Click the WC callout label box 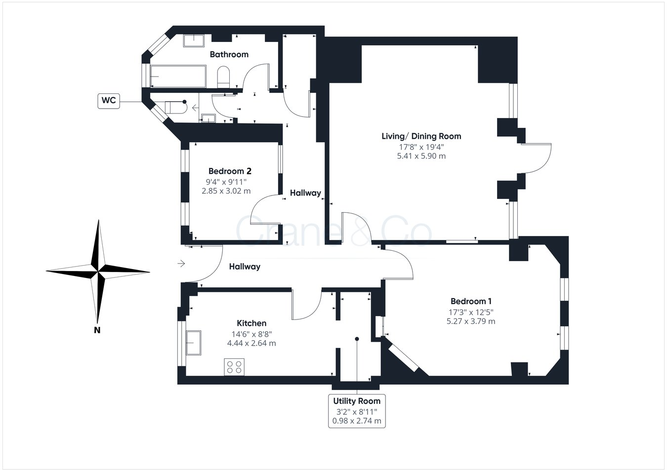click(108, 101)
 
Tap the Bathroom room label click(229, 54)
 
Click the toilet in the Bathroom click(224, 76)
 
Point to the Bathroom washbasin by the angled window click(194, 40)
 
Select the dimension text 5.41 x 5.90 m click(421, 156)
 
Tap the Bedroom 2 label click(230, 171)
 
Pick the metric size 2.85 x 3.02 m click(230, 191)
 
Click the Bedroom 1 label click(470, 301)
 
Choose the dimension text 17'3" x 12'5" click(470, 312)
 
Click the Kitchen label click(251, 323)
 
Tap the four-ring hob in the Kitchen click(234, 366)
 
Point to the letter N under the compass click(97, 330)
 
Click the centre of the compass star click(98, 271)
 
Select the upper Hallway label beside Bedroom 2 click(305, 193)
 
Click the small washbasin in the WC click(208, 118)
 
